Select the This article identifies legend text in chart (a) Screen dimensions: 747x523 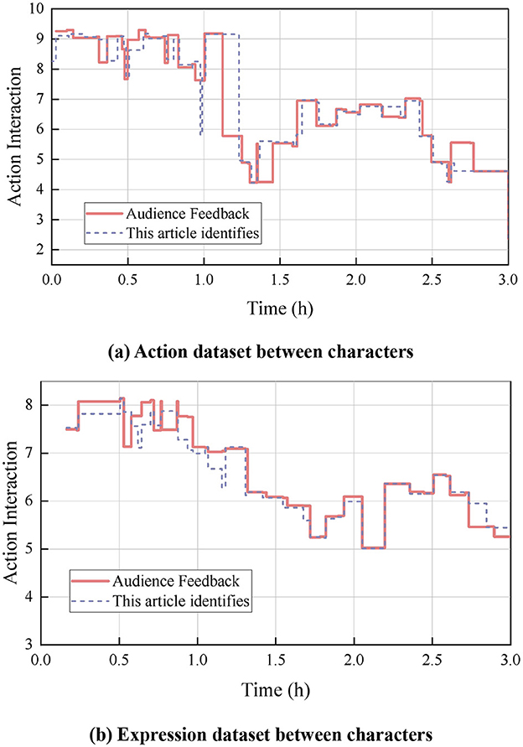[192, 232]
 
